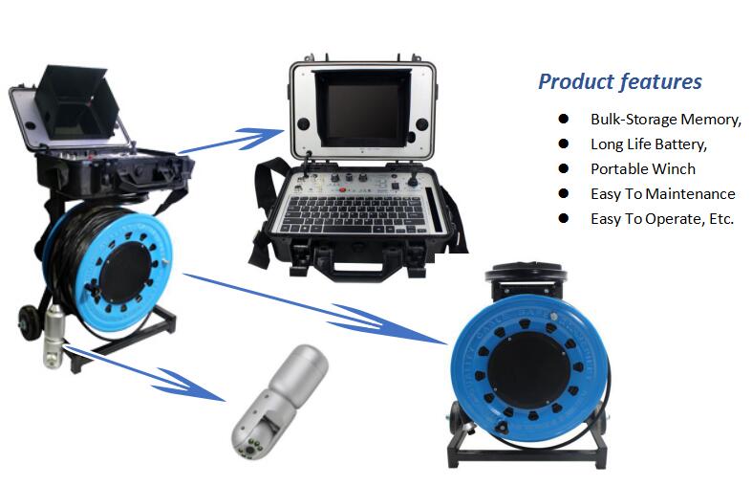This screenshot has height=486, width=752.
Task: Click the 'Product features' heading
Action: point(619,81)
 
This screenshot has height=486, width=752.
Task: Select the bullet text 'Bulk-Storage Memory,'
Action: point(666,119)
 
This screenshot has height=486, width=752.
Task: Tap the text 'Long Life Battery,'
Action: point(649,144)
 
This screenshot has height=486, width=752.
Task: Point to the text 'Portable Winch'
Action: point(643,169)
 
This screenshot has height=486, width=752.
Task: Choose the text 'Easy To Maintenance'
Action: point(663,194)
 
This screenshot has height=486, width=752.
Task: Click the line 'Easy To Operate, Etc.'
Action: point(662,219)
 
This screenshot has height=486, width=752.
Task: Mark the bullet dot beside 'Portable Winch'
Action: point(564,168)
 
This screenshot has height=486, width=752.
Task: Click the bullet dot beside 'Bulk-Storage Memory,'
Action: point(564,119)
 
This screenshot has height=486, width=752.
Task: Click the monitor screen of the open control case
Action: point(363,111)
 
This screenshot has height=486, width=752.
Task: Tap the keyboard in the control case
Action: point(354,213)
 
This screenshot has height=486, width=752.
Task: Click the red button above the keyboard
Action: point(342,189)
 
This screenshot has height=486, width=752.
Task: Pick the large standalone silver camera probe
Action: point(281,402)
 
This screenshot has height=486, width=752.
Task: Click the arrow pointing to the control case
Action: point(231,141)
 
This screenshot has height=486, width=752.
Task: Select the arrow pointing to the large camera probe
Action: point(144,373)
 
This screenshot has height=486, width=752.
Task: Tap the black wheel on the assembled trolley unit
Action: point(30,321)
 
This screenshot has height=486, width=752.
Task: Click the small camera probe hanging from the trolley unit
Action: point(54,337)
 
